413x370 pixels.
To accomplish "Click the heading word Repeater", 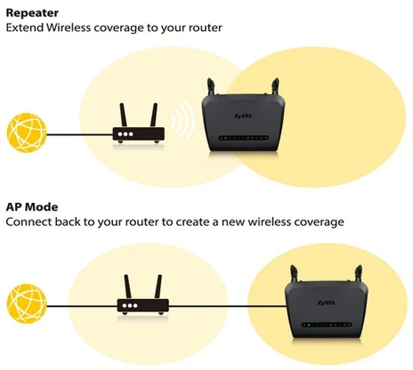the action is pyautogui.click(x=32, y=13).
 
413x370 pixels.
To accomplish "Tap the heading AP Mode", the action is pyautogui.click(x=32, y=206).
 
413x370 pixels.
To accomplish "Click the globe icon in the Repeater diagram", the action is pyautogui.click(x=27, y=133).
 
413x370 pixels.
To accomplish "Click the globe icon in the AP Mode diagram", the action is pyautogui.click(x=27, y=303).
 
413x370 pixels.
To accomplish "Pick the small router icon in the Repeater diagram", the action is pyautogui.click(x=138, y=124).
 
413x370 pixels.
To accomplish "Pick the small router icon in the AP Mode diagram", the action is pyautogui.click(x=143, y=294).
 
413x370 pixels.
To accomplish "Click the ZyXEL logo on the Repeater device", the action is pyautogui.click(x=243, y=116).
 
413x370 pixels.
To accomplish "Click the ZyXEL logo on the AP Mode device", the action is pyautogui.click(x=327, y=302).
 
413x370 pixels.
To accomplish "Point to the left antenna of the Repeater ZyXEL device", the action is pyautogui.click(x=211, y=86).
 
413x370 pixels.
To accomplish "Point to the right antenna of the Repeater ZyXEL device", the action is pyautogui.click(x=275, y=86).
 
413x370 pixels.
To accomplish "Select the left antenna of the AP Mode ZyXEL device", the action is pyautogui.click(x=294, y=274).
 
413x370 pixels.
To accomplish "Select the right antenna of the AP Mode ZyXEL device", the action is pyautogui.click(x=359, y=274).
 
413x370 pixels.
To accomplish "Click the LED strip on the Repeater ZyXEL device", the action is pyautogui.click(x=243, y=138).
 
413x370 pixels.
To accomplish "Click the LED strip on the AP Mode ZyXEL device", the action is pyautogui.click(x=327, y=325).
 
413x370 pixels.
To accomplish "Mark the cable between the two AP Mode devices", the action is pyautogui.click(x=227, y=306).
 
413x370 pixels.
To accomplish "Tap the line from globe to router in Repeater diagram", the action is pyautogui.click(x=79, y=135).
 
